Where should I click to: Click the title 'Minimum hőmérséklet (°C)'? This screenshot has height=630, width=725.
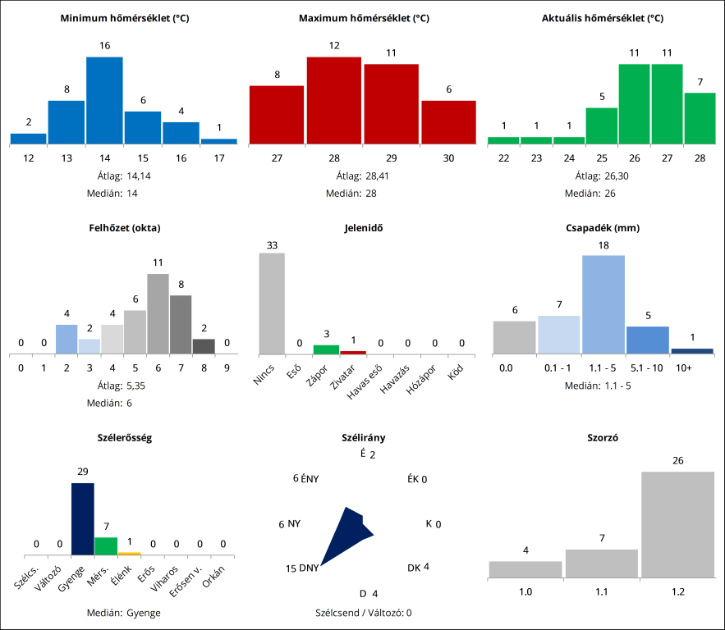[x=125, y=18]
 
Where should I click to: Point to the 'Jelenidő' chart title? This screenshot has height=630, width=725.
[x=362, y=228]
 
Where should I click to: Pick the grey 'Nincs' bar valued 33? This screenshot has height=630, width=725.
[x=272, y=304]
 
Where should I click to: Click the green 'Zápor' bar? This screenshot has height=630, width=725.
[x=326, y=349]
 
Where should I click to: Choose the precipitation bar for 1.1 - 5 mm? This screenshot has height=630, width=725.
[x=603, y=304]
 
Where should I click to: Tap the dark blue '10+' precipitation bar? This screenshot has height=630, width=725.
[x=692, y=351]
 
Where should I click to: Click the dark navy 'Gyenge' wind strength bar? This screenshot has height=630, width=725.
[x=83, y=519]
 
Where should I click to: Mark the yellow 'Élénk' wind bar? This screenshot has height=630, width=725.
[x=129, y=554]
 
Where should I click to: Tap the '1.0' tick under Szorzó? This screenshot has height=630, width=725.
[x=525, y=591]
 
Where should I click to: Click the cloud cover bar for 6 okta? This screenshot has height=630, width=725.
[x=158, y=314]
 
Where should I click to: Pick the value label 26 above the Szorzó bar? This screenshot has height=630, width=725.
[x=677, y=461]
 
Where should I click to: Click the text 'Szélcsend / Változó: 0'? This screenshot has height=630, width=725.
[x=363, y=612]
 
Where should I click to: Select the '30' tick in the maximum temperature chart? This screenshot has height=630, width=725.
[x=448, y=157]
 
